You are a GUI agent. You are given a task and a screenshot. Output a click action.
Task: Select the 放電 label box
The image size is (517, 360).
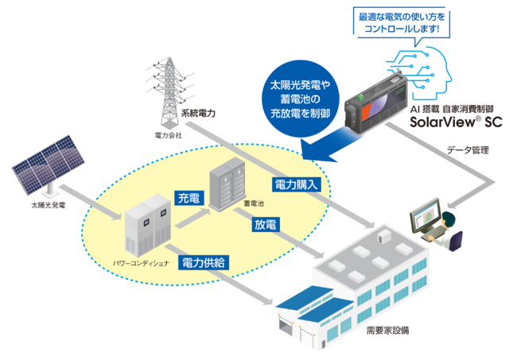(266, 225)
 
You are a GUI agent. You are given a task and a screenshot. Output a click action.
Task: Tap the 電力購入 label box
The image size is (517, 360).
(297, 184)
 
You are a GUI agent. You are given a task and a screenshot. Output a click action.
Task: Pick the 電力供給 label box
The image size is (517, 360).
(203, 261)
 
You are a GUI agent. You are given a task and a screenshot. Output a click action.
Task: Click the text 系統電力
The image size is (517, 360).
(199, 113)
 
